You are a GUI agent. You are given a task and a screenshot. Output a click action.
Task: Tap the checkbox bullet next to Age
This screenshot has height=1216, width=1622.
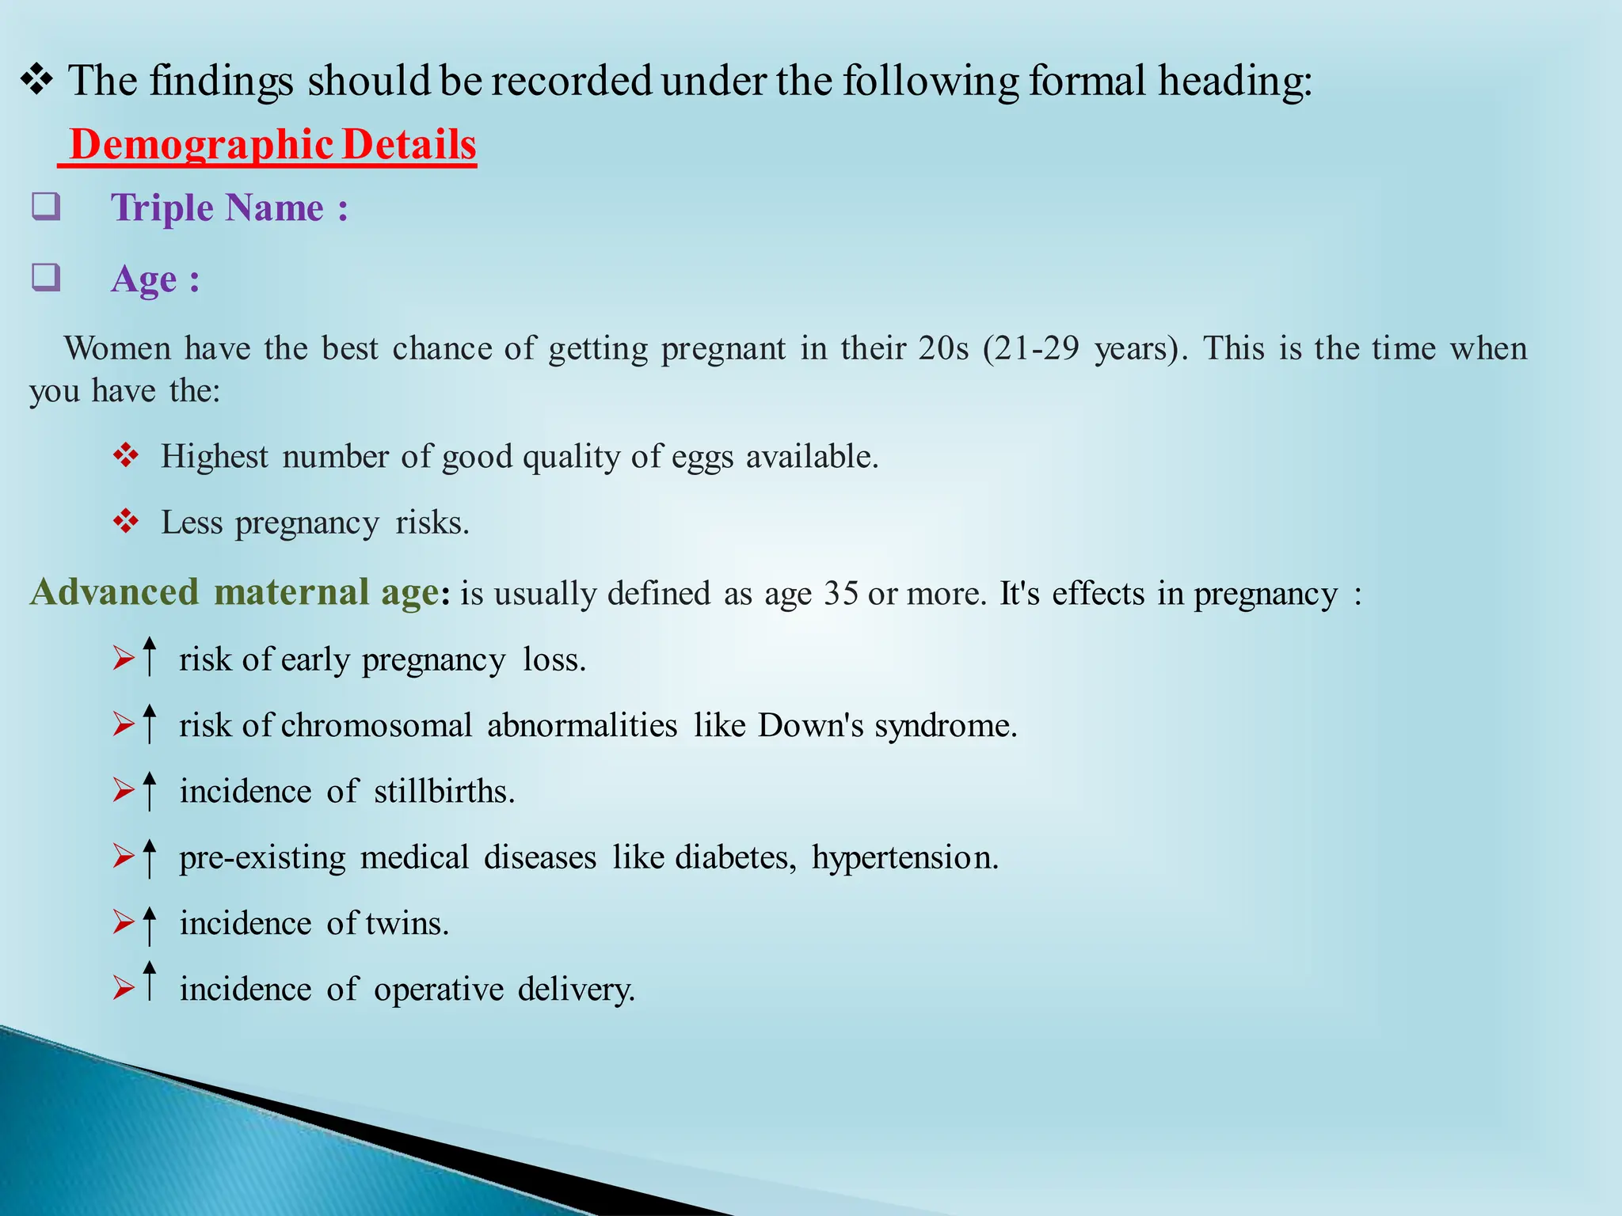click(x=46, y=277)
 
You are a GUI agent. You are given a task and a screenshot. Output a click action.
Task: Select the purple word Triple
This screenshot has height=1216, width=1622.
click(x=162, y=208)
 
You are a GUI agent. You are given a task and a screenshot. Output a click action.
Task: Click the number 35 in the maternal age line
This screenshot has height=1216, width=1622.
click(x=840, y=593)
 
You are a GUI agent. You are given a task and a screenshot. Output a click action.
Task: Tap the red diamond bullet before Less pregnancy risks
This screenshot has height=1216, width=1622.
click(x=126, y=522)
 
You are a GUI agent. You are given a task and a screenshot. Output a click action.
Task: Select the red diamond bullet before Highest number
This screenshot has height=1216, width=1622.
click(x=126, y=455)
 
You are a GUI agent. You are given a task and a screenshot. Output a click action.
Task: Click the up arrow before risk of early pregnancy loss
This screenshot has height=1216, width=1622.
click(x=149, y=656)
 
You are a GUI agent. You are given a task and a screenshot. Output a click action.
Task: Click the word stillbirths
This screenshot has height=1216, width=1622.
click(x=444, y=791)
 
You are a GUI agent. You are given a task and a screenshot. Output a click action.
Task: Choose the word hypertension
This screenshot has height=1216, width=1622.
click(x=904, y=858)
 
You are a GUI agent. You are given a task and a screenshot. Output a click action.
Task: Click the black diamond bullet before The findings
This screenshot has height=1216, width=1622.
click(x=36, y=80)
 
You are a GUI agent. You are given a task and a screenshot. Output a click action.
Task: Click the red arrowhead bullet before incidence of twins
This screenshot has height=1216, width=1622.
click(x=124, y=922)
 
